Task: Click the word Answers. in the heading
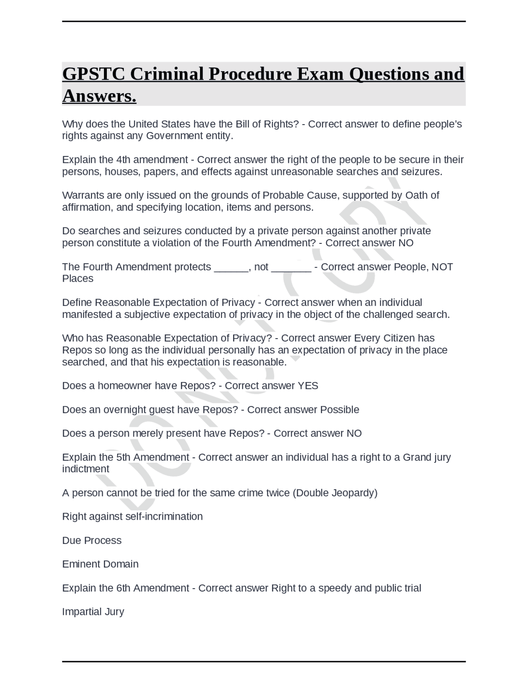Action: tap(99, 96)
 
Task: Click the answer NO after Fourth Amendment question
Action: tap(406, 243)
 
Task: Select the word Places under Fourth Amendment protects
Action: tap(78, 279)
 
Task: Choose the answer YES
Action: tap(308, 386)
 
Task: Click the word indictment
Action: tap(85, 469)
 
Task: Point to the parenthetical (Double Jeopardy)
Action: tap(335, 493)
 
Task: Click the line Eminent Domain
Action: tap(100, 564)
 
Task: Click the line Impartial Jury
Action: tap(93, 612)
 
